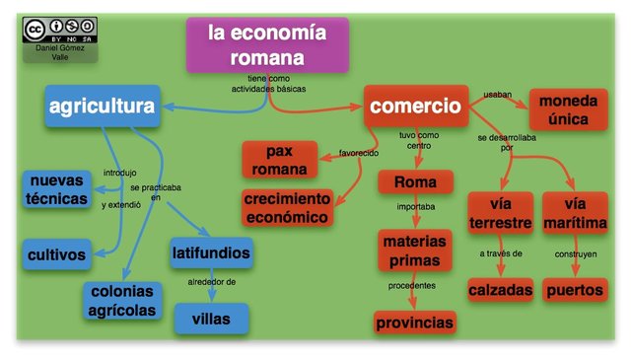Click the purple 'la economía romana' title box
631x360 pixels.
click(268, 44)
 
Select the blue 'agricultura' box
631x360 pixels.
click(103, 106)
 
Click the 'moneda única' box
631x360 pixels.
click(569, 109)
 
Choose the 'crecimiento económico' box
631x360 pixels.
click(290, 207)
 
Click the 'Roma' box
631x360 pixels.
click(415, 182)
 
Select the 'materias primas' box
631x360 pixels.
click(414, 251)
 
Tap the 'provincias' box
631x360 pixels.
click(414, 322)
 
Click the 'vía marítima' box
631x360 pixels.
click(575, 213)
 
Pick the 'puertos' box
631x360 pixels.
click(575, 290)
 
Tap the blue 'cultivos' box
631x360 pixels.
click(55, 254)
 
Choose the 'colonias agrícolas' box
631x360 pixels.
click(123, 300)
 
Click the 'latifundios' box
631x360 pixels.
click(211, 252)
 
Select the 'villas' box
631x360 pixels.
click(211, 318)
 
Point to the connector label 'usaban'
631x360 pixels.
click(497, 95)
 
